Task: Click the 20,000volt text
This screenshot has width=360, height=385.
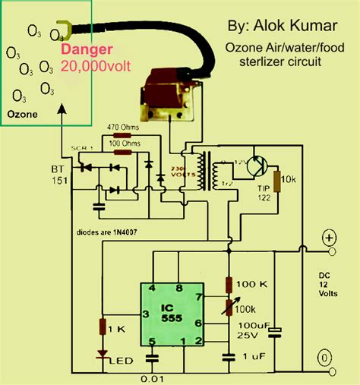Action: (x=96, y=66)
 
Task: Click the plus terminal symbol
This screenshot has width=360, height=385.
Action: (x=329, y=238)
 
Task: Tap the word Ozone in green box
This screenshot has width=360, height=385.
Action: (x=21, y=115)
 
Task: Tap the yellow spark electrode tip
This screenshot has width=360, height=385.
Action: (x=62, y=32)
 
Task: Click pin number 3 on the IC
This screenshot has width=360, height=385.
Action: (x=145, y=314)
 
